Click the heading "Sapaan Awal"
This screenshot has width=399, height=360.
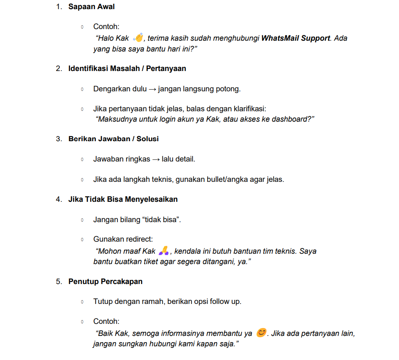coord(91,7)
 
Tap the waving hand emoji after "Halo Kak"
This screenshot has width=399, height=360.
coord(138,38)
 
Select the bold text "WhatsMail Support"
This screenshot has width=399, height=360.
coord(296,38)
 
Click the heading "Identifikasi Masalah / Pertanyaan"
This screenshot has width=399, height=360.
coord(127,69)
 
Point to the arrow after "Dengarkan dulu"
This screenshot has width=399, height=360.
coord(152,89)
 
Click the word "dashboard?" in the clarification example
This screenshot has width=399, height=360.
coord(294,119)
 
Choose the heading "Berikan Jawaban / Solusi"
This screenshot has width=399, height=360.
coord(113,139)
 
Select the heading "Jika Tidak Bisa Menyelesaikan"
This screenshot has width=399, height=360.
coord(123,199)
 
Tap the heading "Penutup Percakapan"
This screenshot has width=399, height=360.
coord(105,282)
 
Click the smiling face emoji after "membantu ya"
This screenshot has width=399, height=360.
coord(261,333)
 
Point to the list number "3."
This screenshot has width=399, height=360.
coord(59,139)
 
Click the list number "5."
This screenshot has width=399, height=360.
coord(59,282)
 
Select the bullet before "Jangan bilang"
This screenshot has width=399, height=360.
coord(82,220)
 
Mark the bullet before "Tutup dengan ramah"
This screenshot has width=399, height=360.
coord(82,302)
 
